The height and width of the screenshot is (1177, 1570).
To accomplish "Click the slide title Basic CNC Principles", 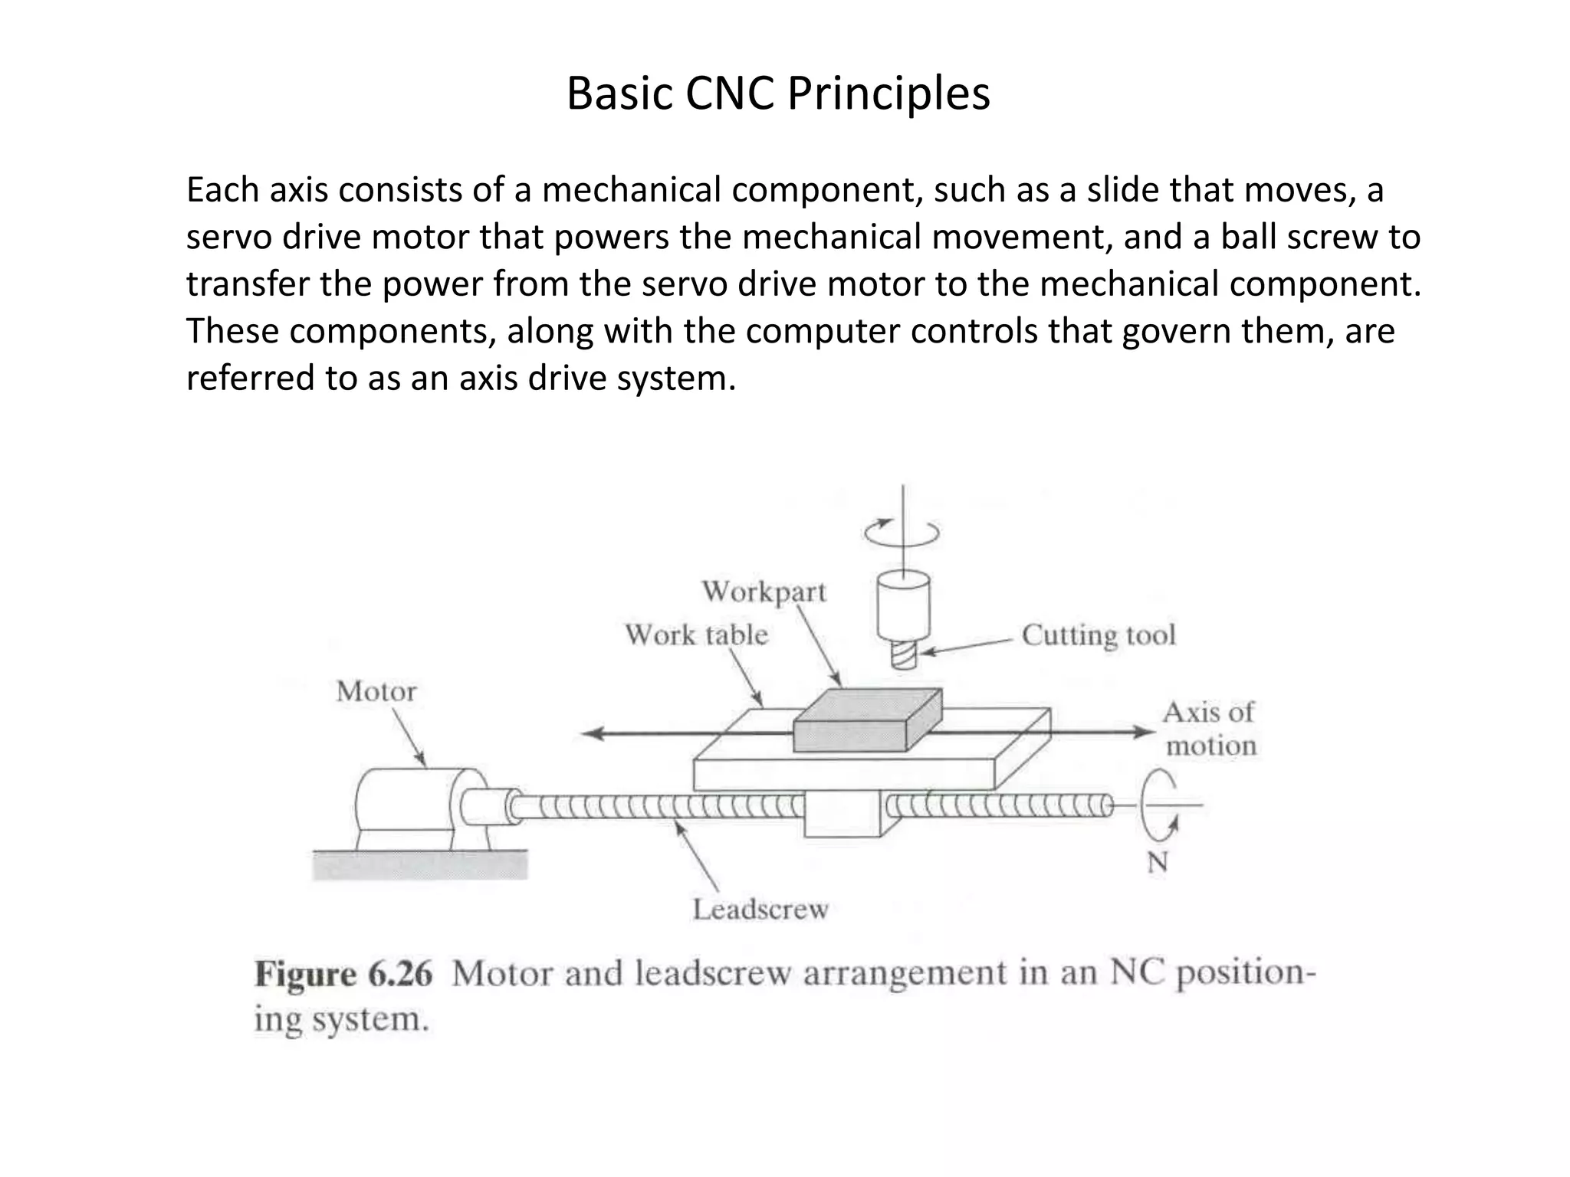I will coord(778,94).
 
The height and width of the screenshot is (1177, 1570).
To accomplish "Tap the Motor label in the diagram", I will coord(376,692).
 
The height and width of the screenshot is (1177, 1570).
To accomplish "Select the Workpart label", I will coord(764,592).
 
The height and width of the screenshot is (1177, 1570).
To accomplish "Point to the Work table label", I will coord(696,635).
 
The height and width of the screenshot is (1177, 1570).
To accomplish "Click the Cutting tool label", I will coord(1099,635).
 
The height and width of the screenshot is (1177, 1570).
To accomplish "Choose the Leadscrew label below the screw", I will coord(760,910).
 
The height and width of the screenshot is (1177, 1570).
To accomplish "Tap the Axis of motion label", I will coord(1210,729).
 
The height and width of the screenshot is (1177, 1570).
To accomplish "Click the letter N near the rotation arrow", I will coord(1157,863).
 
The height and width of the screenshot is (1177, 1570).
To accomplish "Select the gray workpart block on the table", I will coord(866,720).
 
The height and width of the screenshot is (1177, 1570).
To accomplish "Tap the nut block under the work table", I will coord(842,815).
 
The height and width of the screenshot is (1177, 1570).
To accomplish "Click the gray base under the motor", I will coord(420,865).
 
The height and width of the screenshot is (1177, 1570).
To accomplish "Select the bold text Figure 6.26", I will coord(343,975).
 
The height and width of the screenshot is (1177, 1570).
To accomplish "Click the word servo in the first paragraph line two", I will coord(227,238).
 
